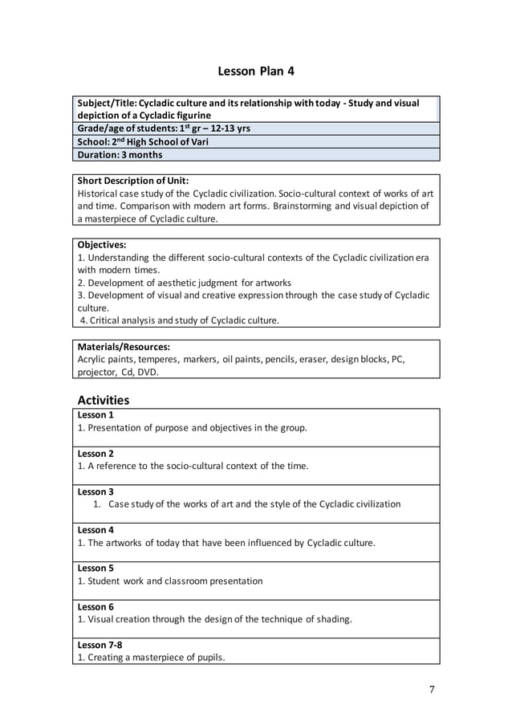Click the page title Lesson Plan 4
[x=256, y=71]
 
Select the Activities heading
[x=103, y=400]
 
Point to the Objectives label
[x=102, y=244]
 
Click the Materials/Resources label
[x=124, y=347]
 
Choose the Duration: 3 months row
[x=120, y=155]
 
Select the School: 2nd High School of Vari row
[x=144, y=141]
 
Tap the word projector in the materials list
[x=97, y=373]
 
